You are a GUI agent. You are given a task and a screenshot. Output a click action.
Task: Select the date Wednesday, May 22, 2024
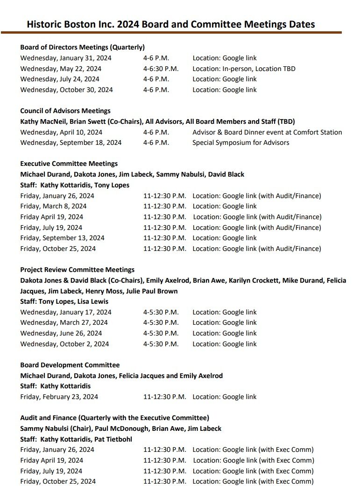[x=61, y=69]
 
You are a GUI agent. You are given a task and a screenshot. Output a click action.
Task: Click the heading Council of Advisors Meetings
[x=65, y=111]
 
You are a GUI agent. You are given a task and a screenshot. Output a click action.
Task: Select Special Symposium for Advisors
[x=240, y=143]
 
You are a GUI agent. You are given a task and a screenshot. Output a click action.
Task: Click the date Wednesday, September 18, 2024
[x=71, y=143]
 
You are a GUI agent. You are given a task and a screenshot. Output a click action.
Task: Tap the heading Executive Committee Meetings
[x=69, y=164]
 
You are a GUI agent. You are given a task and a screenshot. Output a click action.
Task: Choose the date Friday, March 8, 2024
[x=53, y=206]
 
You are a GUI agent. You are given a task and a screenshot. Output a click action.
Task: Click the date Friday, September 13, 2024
[x=63, y=238]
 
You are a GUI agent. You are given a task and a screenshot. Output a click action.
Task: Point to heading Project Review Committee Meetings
[x=78, y=270]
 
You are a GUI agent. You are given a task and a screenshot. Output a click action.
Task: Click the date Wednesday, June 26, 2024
[x=61, y=333]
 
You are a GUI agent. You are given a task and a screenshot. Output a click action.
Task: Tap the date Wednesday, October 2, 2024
[x=64, y=344]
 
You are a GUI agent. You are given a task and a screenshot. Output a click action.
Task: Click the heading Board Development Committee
[x=70, y=365]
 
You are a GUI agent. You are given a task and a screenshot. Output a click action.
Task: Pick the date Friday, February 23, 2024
[x=59, y=397]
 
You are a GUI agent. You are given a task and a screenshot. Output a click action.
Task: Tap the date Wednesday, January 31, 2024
[x=66, y=58]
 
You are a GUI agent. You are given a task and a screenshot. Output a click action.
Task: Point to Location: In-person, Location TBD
[x=244, y=69]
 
